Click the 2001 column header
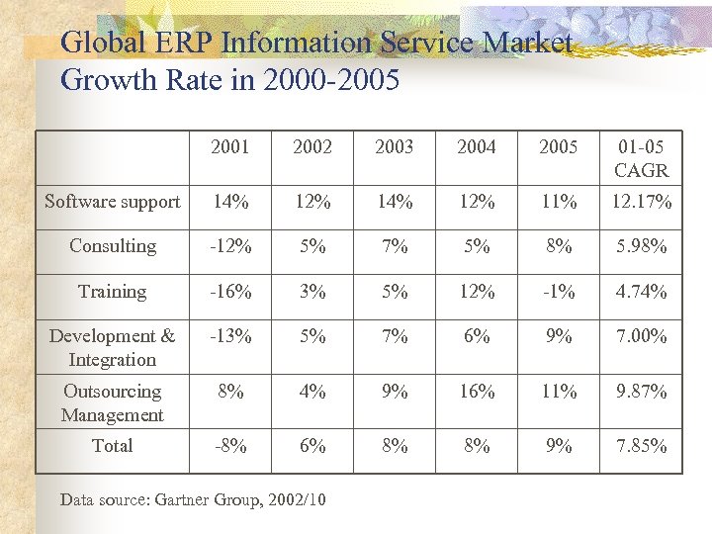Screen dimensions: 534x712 coord(230,147)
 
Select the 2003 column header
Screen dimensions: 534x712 coord(395,147)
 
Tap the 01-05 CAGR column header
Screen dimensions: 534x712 coord(641,158)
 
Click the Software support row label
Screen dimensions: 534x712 coord(113,202)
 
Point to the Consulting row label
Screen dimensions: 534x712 coord(113,246)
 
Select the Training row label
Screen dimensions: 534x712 coord(113,292)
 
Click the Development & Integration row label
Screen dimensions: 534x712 coord(113,348)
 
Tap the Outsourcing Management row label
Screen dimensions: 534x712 coord(113,403)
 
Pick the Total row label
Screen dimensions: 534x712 coord(113,446)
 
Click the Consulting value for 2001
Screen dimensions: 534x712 coord(230,246)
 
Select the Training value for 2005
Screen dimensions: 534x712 coord(559,292)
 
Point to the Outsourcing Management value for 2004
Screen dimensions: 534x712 coord(477,392)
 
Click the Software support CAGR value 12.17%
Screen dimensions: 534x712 coord(641,202)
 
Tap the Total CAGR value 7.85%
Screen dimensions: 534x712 coord(641,446)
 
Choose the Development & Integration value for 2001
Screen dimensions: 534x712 coord(230,336)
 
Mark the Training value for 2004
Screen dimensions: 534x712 coord(477,292)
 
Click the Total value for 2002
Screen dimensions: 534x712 coord(312,446)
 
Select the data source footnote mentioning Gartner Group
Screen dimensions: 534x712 coord(193,500)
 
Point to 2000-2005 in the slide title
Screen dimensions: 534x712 coord(331,80)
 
